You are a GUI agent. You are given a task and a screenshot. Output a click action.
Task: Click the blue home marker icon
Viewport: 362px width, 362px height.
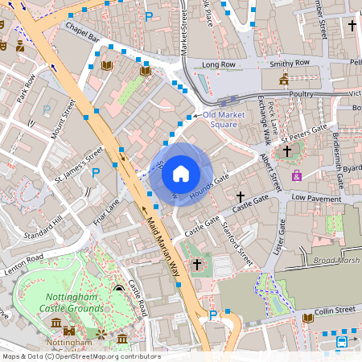181,174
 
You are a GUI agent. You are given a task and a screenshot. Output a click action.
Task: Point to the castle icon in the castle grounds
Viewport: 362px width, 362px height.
70,331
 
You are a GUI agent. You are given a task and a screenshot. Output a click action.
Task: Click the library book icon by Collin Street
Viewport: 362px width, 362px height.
306,319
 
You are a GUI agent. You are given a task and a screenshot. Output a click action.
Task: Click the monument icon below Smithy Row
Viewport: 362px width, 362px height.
283,80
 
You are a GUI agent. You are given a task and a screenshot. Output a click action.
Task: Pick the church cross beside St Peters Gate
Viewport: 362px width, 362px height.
286,150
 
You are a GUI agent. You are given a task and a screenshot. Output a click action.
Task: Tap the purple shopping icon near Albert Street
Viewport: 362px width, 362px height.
297,175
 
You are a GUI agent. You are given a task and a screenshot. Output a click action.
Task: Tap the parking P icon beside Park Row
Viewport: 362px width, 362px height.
47,110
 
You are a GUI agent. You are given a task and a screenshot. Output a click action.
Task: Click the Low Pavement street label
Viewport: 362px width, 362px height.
316,196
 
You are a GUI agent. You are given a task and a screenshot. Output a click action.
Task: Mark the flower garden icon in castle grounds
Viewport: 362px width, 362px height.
101,332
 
